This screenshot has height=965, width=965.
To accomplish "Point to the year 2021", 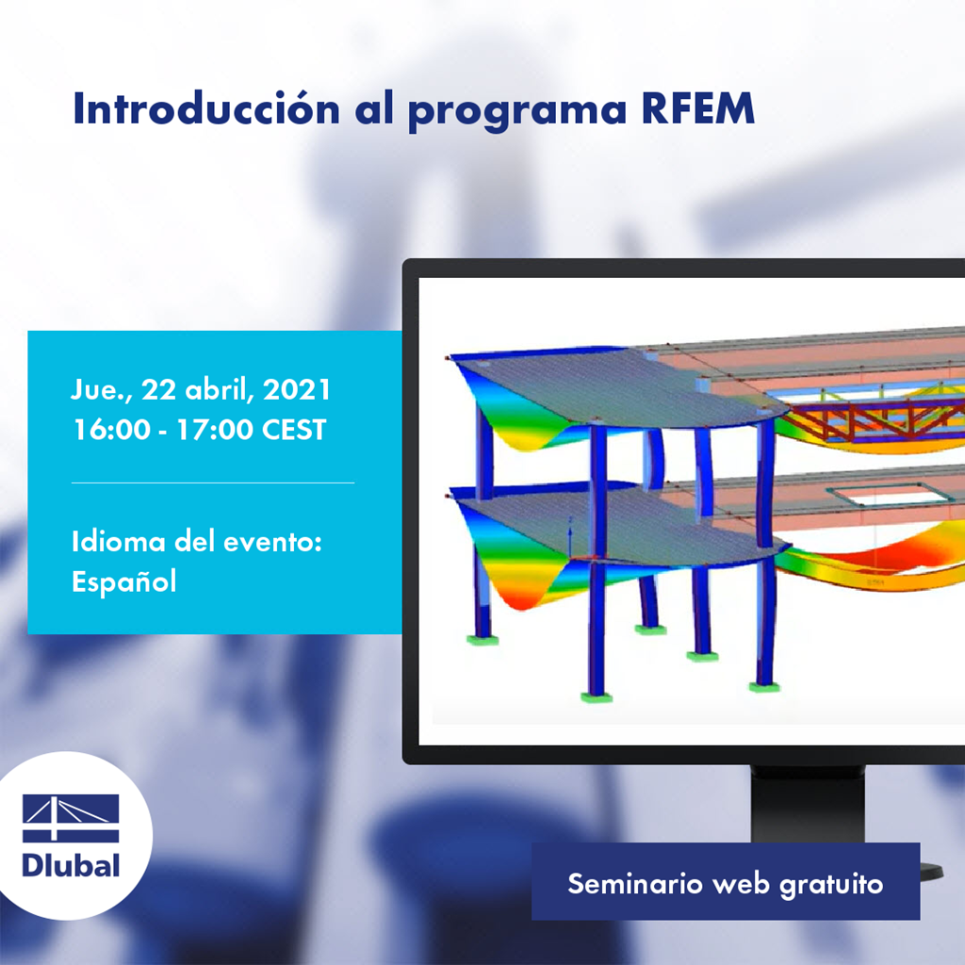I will pos(297,390).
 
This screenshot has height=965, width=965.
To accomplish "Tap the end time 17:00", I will pos(211,431).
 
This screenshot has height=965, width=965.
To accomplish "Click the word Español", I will pos(123,582).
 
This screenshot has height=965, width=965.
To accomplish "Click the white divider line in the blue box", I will pos(213,482).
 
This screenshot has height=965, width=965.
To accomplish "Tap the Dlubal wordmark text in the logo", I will pos(71,864).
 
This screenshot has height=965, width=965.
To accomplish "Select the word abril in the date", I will pos(223,390).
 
